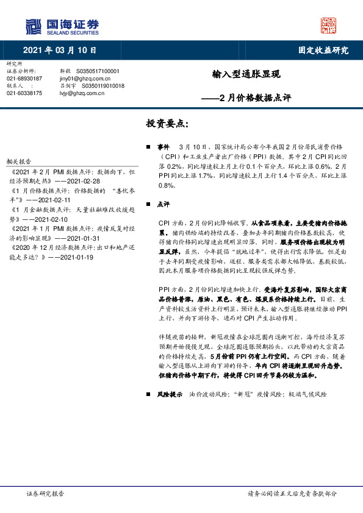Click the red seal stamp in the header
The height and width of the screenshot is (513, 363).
pos(328,26)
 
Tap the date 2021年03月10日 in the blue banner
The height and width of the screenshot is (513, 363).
pos(60,51)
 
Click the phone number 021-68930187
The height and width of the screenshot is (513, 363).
pos(24,79)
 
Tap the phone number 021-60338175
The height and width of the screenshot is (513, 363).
pos(24,93)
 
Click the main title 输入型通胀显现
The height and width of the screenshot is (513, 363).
pos(246,74)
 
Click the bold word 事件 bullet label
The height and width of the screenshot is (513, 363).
pos(163,147)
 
